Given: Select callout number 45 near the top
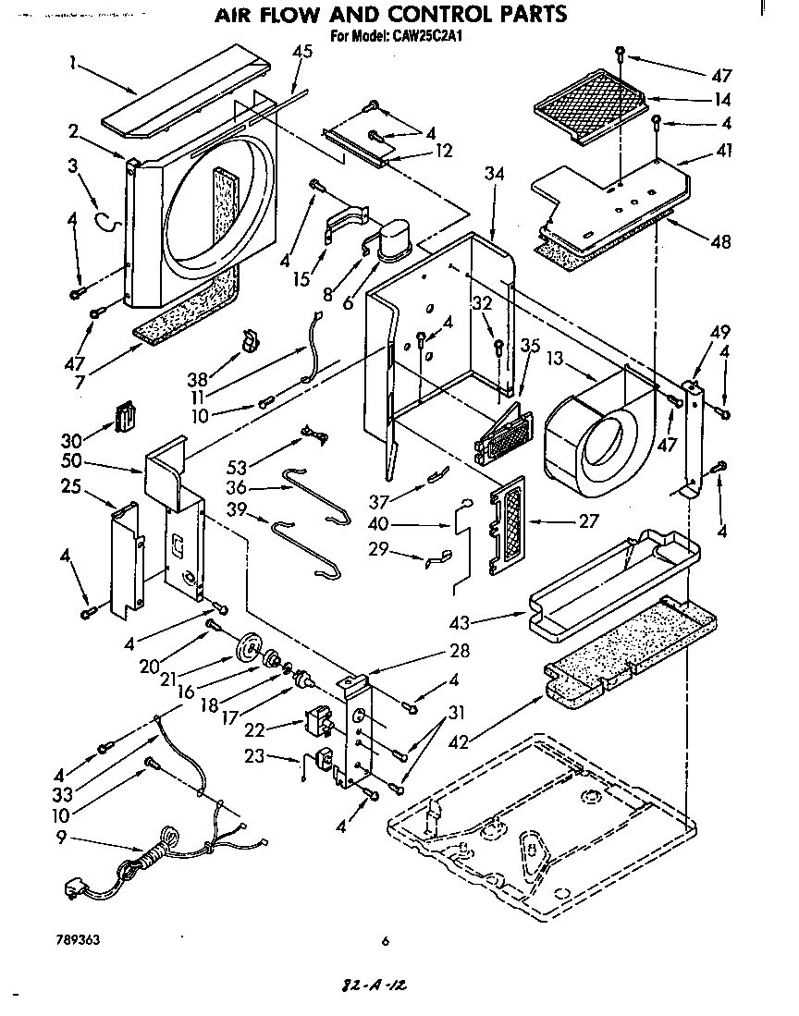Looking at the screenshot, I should pyautogui.click(x=301, y=52).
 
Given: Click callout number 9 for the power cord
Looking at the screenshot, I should pyautogui.click(x=61, y=839).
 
